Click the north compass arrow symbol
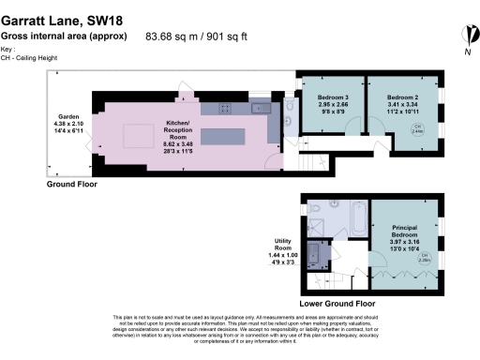(465, 36)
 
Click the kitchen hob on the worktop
(225, 109)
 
